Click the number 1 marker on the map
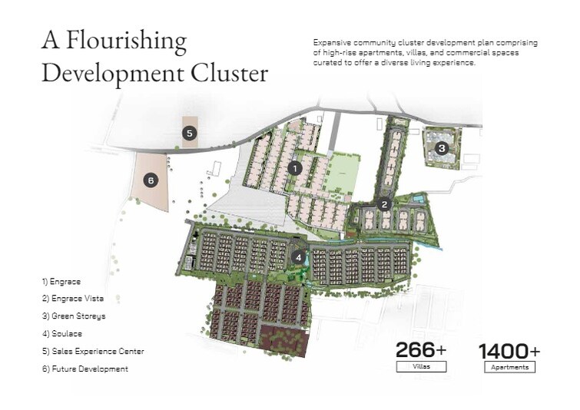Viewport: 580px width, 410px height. point(293,167)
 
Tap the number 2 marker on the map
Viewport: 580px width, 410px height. point(385,204)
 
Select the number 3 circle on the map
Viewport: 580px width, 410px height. point(441,148)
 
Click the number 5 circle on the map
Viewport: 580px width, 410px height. point(191,134)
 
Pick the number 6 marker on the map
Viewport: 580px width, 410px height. point(151,180)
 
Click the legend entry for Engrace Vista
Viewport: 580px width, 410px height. point(73,298)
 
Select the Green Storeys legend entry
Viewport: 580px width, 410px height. point(74,316)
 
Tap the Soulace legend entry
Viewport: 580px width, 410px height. point(63,333)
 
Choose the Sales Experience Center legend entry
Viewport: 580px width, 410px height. point(93,351)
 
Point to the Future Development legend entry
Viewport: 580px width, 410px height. point(85,369)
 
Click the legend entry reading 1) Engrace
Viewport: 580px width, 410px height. point(61,281)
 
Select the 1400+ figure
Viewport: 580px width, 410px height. point(509,351)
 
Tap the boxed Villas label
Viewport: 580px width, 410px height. point(421,367)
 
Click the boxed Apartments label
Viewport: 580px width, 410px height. point(509,367)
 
